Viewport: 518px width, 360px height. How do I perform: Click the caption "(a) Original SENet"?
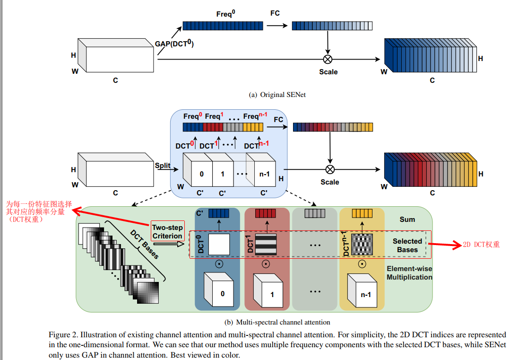point(277,95)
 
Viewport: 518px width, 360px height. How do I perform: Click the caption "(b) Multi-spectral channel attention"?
point(277,322)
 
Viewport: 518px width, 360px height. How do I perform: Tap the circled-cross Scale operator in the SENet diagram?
point(328,59)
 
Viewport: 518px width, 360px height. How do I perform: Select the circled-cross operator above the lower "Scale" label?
point(330,169)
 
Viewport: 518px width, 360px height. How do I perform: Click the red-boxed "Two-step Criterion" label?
point(167,232)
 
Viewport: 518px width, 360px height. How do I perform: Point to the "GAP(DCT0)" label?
point(174,44)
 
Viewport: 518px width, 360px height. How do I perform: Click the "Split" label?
point(163,166)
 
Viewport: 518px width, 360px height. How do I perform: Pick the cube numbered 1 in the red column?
point(268,290)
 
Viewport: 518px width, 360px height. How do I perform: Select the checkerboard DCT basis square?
point(362,245)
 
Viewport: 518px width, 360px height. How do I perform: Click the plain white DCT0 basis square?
point(219,245)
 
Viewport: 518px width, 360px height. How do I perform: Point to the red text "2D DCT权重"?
point(481,245)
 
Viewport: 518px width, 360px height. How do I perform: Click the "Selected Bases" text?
point(407,245)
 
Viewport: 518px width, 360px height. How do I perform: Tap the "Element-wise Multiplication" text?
point(409,273)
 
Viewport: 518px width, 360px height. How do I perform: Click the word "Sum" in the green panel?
point(407,220)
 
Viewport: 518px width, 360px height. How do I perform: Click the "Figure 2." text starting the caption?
point(65,334)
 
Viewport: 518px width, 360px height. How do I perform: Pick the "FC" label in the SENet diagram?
point(275,13)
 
